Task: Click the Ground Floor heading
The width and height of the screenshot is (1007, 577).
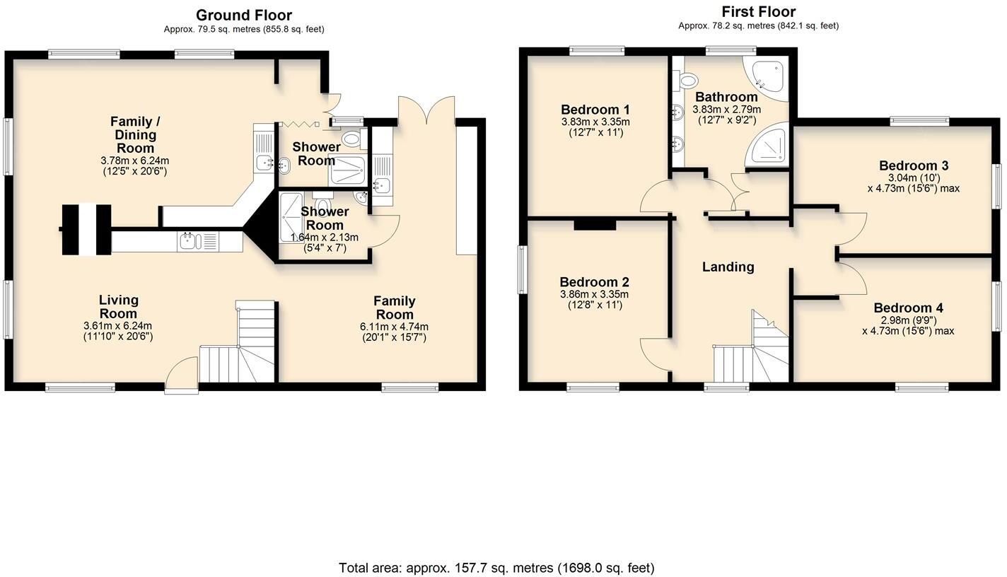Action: (244, 16)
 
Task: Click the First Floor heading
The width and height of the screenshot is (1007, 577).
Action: (758, 12)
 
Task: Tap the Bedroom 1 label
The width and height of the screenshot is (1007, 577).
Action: (595, 110)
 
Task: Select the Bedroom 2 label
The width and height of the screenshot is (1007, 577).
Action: (594, 282)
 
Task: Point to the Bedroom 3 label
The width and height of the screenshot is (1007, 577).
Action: (914, 166)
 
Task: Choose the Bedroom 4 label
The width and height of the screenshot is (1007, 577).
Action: (908, 308)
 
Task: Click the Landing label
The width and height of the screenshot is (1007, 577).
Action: (728, 267)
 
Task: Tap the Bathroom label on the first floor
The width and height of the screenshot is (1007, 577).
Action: (726, 97)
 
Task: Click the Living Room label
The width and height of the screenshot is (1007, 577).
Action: (118, 307)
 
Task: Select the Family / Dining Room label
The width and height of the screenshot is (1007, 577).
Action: (135, 135)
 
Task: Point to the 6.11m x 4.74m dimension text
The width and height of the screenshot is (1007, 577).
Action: (395, 327)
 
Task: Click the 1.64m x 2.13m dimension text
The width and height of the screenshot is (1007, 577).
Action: (324, 238)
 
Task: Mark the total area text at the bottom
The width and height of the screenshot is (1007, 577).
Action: (496, 568)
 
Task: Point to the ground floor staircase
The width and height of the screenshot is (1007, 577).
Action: (238, 342)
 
